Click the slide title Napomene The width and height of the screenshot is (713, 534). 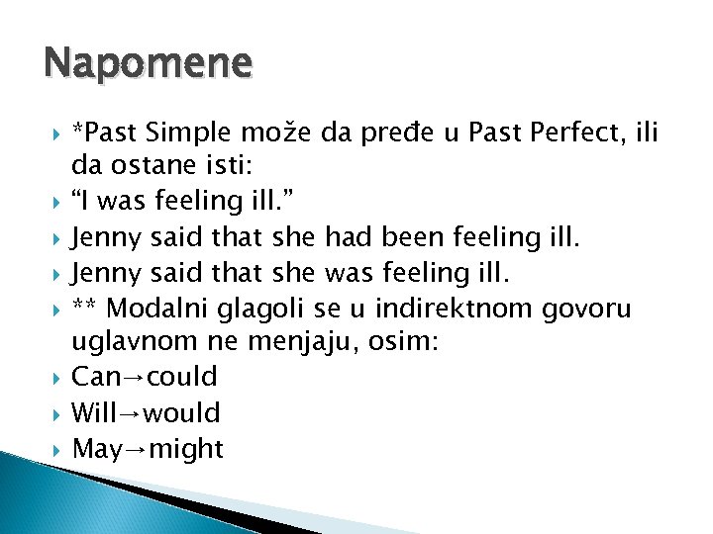(148, 64)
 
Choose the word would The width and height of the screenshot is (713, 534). (182, 413)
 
